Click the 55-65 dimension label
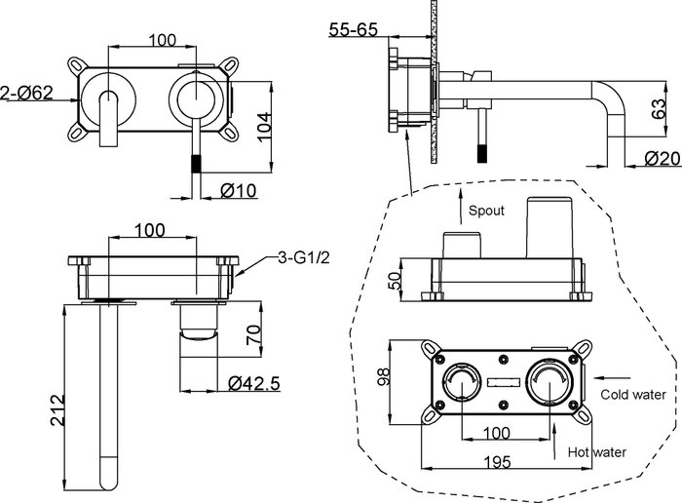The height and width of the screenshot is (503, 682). [x=353, y=29]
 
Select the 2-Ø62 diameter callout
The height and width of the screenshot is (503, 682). [x=27, y=93]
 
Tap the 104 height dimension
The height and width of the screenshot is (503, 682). [x=264, y=127]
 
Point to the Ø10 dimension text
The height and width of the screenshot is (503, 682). [x=239, y=191]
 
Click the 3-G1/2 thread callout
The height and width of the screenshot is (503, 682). [x=304, y=257]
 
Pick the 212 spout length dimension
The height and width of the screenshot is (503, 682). [x=57, y=409]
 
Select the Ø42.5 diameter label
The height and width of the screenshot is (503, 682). [x=254, y=383]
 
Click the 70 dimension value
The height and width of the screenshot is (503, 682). [x=254, y=334]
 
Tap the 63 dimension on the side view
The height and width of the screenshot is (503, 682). [x=659, y=108]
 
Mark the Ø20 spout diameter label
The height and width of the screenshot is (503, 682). [x=662, y=158]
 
